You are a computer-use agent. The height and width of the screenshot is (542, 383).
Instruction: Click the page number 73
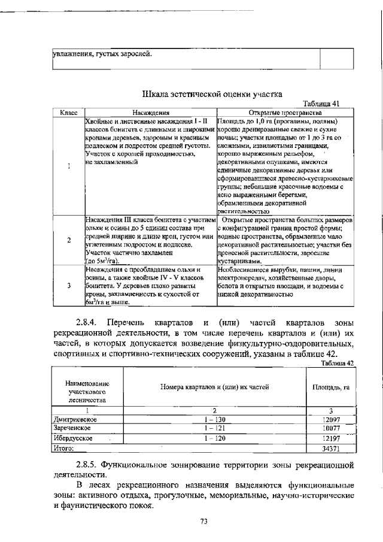[203, 522]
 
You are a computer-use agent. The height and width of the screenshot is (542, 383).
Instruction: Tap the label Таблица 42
[338, 363]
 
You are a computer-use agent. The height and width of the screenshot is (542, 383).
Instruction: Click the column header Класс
[69, 112]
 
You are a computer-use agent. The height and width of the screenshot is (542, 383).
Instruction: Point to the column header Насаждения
[151, 112]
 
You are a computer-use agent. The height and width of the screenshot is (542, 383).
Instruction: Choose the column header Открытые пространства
[285, 112]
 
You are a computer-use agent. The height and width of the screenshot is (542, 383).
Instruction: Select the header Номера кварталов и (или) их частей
[214, 387]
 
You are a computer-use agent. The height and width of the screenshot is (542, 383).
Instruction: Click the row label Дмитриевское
[75, 420]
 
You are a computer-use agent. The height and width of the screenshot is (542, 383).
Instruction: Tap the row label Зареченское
[73, 429]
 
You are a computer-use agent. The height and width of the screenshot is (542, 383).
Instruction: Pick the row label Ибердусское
[74, 438]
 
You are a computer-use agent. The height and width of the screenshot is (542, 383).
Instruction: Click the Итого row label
[63, 447]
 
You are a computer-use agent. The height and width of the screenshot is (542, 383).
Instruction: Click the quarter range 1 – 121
[214, 429]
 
